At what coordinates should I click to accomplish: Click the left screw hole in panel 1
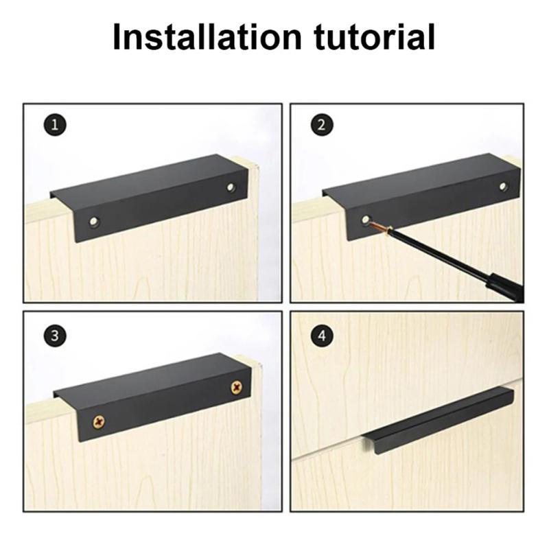(x=94, y=221)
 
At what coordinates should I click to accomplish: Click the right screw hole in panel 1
(x=231, y=186)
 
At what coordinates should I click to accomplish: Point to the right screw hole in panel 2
(x=503, y=186)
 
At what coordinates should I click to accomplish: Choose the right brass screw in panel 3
(x=236, y=387)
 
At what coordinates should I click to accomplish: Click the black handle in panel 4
(x=439, y=419)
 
